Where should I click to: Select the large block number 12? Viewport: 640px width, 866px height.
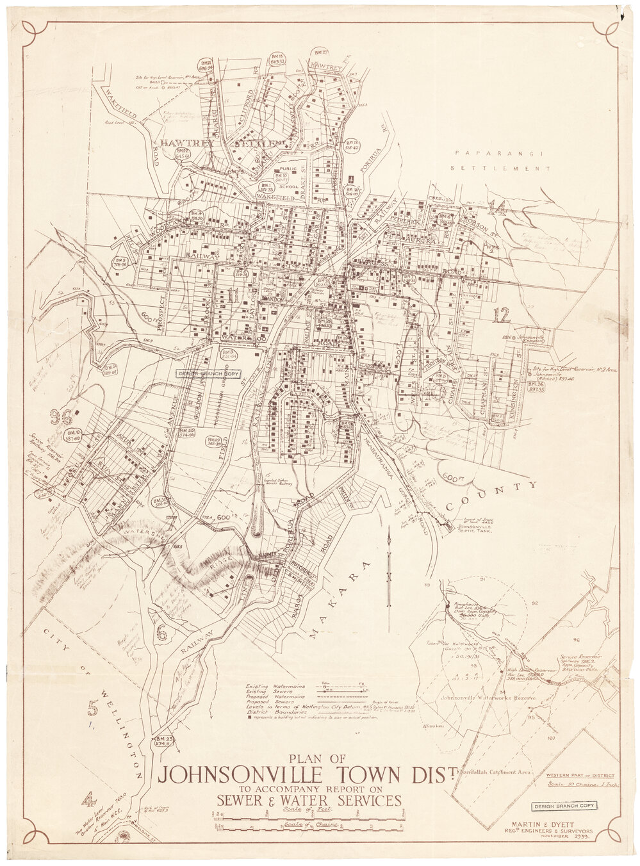[x=502, y=315]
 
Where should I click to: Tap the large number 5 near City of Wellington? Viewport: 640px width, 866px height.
[x=94, y=708]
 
